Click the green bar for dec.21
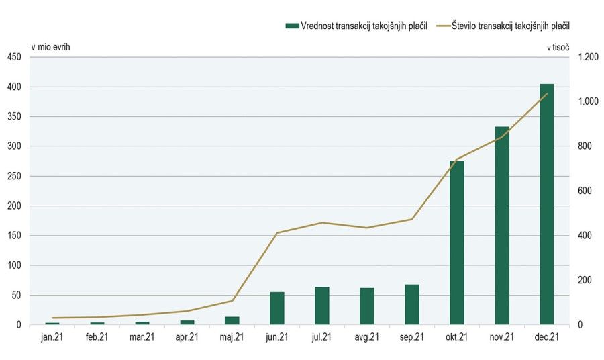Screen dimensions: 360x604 pyautogui.click(x=547, y=204)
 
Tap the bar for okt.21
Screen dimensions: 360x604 pyautogui.click(x=457, y=243)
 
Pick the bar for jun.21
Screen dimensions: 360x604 pyautogui.click(x=277, y=308)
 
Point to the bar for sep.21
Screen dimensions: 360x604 pyautogui.click(x=412, y=304)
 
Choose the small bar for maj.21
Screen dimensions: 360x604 pyautogui.click(x=232, y=320)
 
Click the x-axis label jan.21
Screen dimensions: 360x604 pyautogui.click(x=52, y=337)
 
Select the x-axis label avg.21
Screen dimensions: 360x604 pyautogui.click(x=367, y=337)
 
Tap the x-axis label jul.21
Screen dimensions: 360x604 pyautogui.click(x=322, y=337)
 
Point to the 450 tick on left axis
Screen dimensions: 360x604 pyautogui.click(x=15, y=57)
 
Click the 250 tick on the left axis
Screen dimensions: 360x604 pyautogui.click(x=15, y=176)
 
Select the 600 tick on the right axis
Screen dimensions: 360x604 pyautogui.click(x=585, y=191)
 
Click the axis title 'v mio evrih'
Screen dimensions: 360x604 pyautogui.click(x=50, y=47)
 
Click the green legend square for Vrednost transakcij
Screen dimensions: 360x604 pyautogui.click(x=292, y=26)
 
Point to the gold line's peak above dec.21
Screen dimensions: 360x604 pyautogui.click(x=547, y=94)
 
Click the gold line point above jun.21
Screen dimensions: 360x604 pyautogui.click(x=277, y=233)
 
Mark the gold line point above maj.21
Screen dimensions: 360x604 pyautogui.click(x=232, y=300)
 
